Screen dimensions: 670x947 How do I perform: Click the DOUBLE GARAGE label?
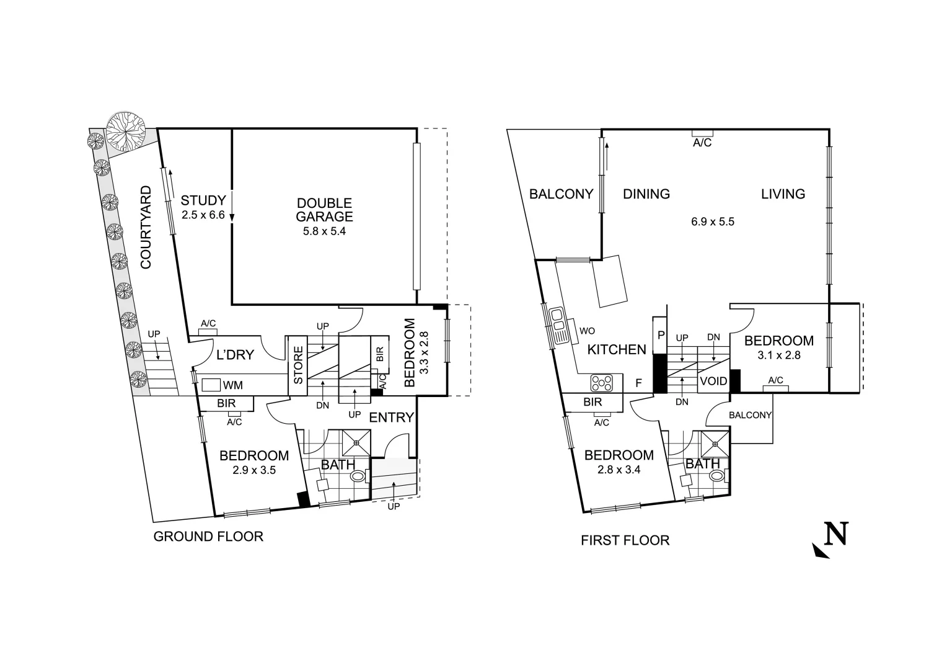click(324, 210)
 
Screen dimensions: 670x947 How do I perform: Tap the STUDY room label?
click(203, 200)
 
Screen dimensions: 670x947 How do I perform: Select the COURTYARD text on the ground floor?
click(146, 227)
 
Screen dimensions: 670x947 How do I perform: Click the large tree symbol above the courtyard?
click(126, 132)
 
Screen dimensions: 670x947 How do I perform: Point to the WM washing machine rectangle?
click(211, 385)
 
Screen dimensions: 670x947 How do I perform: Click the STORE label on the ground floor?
click(298, 365)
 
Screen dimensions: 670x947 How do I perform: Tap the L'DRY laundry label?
click(235, 355)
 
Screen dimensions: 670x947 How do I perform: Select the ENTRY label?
click(391, 418)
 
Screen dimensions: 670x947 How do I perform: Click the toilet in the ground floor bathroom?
click(359, 477)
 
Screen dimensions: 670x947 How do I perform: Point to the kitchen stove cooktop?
click(601, 383)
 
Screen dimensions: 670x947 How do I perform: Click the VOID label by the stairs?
click(713, 382)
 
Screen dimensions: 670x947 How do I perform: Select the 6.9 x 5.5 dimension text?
click(713, 221)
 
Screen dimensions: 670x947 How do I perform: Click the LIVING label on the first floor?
click(783, 194)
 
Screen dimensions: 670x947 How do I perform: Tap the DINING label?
click(646, 194)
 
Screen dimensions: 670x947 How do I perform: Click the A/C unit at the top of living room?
click(702, 133)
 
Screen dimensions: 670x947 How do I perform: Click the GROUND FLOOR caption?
click(208, 537)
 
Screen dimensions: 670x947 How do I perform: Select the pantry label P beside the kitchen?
click(661, 335)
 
